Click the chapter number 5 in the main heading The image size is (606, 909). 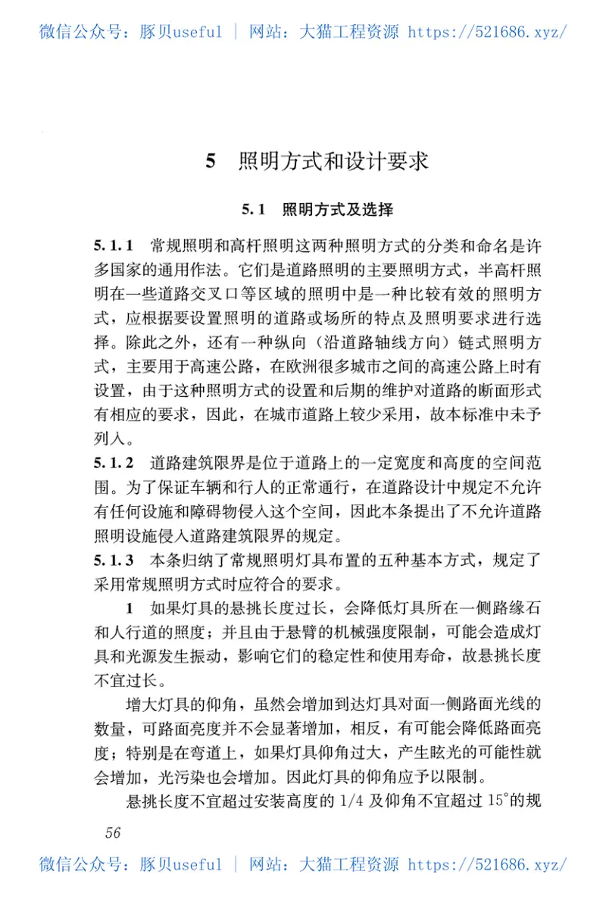(x=212, y=161)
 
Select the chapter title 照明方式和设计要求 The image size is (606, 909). (x=334, y=161)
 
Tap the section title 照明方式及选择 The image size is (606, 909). (x=337, y=209)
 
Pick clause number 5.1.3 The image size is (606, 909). (x=114, y=561)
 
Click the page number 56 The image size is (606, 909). (x=113, y=832)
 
